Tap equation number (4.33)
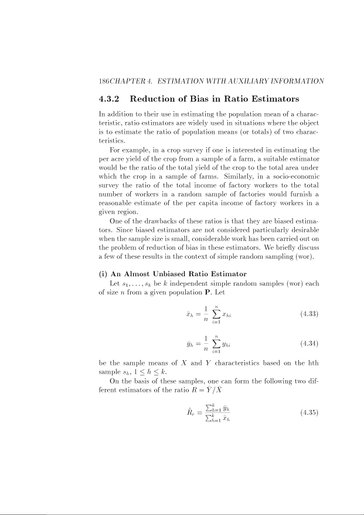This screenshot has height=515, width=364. [x=308, y=314]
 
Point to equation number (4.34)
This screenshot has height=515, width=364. [x=308, y=342]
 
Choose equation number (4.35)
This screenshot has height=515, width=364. [x=308, y=412]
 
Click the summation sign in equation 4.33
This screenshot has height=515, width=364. [x=216, y=314]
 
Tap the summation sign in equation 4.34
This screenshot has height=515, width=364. [x=216, y=342]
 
